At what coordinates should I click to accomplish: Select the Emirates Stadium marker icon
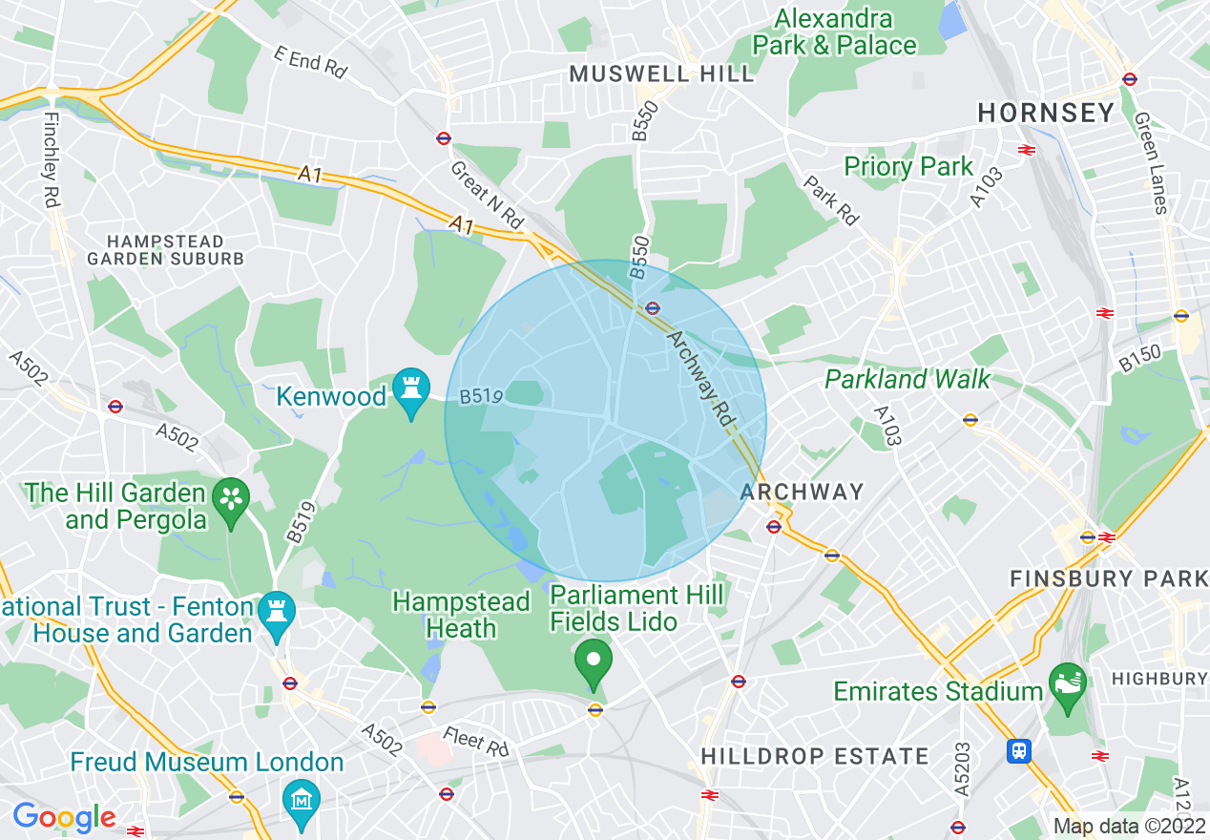1067,684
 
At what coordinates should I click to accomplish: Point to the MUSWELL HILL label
661,74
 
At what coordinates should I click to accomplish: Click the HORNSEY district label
1046,113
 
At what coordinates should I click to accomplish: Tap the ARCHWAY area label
802,493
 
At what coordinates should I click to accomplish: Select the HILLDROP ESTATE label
815,756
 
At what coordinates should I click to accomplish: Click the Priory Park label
908,167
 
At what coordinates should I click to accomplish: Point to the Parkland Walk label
907,379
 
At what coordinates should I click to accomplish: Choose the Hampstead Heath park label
461,616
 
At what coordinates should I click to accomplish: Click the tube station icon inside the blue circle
653,307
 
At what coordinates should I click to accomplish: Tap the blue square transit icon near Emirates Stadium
1018,751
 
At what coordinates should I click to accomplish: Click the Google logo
64,817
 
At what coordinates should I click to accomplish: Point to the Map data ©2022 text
1129,826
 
